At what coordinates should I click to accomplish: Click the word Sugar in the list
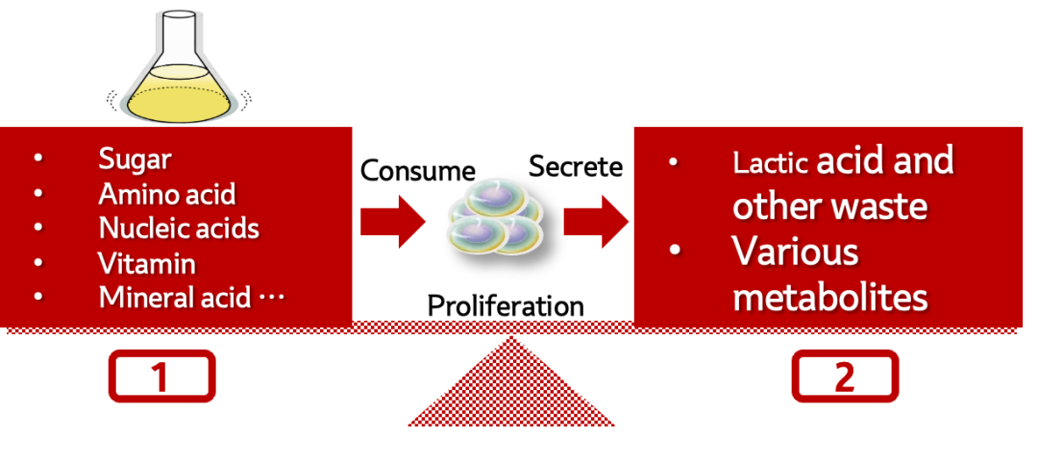[135, 159]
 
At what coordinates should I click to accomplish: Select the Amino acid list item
[166, 194]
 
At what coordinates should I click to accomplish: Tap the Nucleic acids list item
[179, 229]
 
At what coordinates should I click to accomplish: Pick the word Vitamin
[147, 262]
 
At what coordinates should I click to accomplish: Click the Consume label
[417, 171]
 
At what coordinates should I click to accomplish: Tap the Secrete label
[576, 167]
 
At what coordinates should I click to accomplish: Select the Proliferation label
[506, 306]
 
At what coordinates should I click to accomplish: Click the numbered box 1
[161, 377]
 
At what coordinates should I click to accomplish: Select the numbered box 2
[845, 377]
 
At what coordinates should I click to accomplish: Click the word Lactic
[770, 162]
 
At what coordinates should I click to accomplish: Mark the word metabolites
[829, 297]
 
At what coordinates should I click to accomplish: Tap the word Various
[795, 253]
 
